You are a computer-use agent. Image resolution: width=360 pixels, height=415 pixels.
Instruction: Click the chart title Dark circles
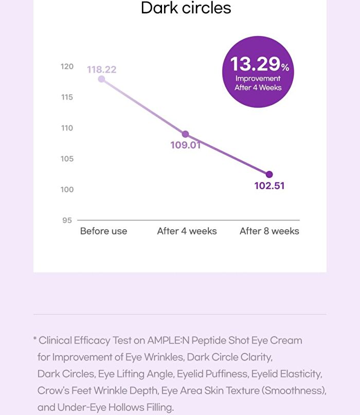coord(186,8)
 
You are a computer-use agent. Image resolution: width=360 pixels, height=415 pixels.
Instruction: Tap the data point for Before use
coord(101,79)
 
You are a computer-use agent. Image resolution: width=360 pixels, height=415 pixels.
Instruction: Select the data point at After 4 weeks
coord(186,134)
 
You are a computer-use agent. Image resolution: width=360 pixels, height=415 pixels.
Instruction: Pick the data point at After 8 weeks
coord(269,174)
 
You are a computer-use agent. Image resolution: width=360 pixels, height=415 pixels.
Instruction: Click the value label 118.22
coord(102,69)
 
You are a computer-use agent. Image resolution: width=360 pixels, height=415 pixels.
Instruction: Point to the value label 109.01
coord(186,145)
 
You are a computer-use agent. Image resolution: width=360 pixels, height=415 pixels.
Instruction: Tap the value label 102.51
coord(269,186)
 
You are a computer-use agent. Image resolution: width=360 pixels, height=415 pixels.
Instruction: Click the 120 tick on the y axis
coord(67,66)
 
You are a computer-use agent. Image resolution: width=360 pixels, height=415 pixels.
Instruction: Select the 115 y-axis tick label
coord(67,97)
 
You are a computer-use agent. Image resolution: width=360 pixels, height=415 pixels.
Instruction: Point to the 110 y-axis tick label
coord(67,128)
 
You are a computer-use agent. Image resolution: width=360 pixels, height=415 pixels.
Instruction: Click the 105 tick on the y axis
coord(67,159)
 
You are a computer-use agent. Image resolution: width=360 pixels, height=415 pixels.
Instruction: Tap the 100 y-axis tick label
coord(67,190)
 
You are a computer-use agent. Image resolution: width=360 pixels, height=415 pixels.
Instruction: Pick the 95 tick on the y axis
coord(67,220)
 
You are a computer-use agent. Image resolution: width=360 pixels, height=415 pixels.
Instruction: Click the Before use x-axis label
coord(103,231)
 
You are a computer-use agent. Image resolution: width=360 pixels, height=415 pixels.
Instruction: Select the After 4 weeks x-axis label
coord(187,231)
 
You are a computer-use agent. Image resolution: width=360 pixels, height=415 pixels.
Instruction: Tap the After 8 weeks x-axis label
coord(269,231)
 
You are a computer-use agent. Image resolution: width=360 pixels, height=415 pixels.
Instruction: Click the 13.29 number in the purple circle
coord(255,64)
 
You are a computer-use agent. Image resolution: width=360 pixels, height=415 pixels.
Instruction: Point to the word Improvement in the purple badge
coord(258,79)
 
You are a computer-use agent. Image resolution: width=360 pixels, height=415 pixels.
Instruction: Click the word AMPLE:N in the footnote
coord(168,340)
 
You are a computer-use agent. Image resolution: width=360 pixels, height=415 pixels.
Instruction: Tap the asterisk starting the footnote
coord(35,338)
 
